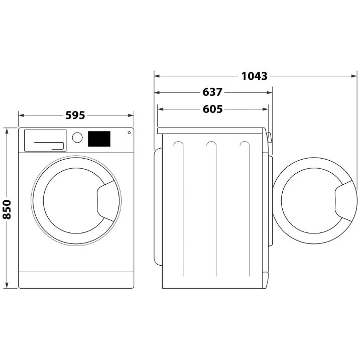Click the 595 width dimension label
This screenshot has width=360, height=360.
tap(75, 115)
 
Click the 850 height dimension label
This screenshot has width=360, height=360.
tap(7, 209)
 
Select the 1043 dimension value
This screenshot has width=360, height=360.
tap(254, 76)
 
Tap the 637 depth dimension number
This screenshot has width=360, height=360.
tap(212, 93)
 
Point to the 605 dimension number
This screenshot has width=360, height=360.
tap(212, 109)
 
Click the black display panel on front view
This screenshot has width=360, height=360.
tap(99, 139)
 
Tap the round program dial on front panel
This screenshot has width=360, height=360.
tap(77, 137)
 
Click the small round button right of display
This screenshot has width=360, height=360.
tap(129, 133)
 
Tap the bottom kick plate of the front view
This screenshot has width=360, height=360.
tap(76, 280)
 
